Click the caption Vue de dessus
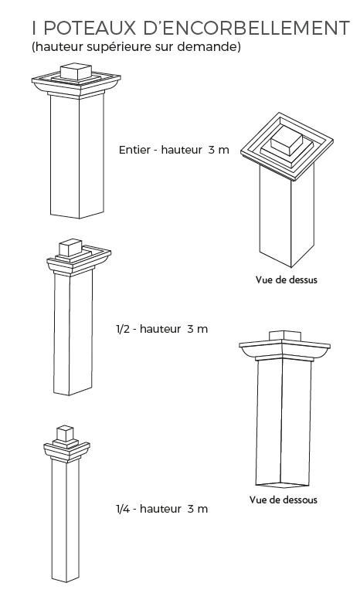tap(287, 279)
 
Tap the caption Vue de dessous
tap(284, 500)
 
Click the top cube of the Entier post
tap(76, 72)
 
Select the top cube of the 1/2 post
tap(70, 248)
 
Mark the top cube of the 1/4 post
tap(65, 433)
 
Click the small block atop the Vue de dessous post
tap(284, 335)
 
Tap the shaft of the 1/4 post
tap(66, 519)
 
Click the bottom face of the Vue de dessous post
tap(283, 485)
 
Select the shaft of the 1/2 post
tap(73, 333)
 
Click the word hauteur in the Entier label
tap(182, 150)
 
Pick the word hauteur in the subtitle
tap(59, 46)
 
